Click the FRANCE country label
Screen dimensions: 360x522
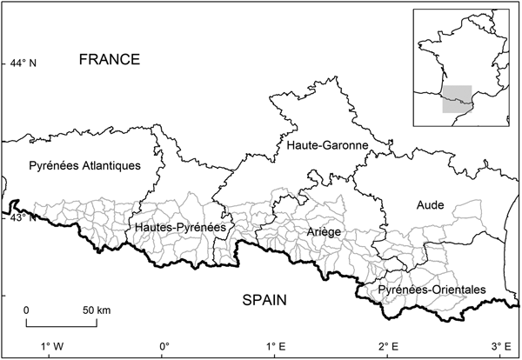click(x=109, y=59)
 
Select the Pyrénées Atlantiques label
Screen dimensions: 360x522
click(x=84, y=166)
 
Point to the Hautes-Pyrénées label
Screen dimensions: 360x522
click(x=180, y=227)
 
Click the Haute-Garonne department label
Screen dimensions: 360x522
click(x=327, y=146)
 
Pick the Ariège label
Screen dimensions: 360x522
click(x=323, y=232)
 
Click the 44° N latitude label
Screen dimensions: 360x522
click(x=23, y=63)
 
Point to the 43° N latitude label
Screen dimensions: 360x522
click(x=23, y=217)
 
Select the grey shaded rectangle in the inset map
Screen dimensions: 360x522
click(x=457, y=99)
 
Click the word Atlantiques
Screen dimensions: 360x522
click(x=110, y=166)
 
